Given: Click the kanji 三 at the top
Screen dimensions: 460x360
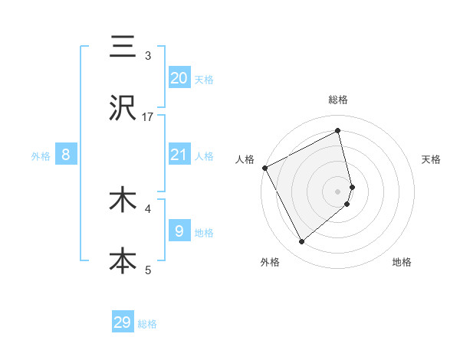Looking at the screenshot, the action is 123,47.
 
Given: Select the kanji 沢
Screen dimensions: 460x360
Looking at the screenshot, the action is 123,109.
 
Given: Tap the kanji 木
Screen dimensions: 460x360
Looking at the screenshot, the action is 123,200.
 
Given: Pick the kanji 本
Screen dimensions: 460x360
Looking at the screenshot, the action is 123,260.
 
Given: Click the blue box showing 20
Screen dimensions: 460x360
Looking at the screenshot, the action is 179,77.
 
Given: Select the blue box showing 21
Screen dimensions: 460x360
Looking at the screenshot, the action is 179,155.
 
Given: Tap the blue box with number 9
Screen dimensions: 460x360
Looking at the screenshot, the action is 179,231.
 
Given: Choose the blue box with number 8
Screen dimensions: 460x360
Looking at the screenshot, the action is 66,155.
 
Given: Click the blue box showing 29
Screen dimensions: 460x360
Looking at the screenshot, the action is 123,322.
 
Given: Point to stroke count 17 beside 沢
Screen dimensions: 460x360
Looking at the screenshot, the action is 148,116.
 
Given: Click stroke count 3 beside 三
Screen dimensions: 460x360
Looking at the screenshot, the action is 148,56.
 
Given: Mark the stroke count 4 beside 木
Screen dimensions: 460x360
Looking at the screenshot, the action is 148,208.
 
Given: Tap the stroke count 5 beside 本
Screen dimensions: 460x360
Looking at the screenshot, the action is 148,269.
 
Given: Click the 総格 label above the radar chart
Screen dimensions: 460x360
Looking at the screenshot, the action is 338,100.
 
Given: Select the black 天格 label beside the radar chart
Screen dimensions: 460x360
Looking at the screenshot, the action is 432,159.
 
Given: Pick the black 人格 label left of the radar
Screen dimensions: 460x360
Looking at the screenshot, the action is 245,159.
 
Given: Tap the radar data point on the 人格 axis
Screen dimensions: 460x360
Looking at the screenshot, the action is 264,167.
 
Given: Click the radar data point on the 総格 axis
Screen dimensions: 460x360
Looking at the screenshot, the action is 338,131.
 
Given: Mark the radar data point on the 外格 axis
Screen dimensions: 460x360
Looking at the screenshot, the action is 302,242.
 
